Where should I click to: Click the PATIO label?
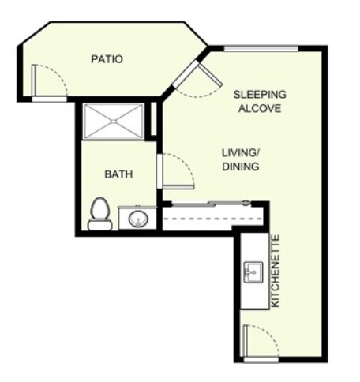pos(107,58)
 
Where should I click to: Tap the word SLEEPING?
pos(260,95)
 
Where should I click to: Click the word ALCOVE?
pos(260,109)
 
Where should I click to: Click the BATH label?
pos(118,174)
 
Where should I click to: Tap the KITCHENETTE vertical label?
pos(276,271)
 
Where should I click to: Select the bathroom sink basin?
pos(137,218)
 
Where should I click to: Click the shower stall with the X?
pos(114,121)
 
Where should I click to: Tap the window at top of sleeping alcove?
pos(260,49)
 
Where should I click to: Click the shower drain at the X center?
pos(114,121)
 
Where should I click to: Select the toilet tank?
pos(99,225)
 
